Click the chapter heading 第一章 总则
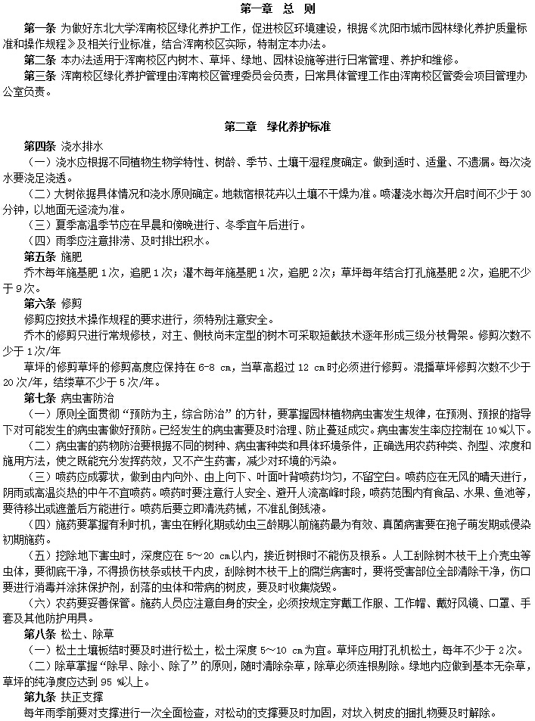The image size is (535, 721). click(x=267, y=9)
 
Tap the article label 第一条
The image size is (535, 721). click(x=41, y=27)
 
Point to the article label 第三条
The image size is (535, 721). click(x=41, y=76)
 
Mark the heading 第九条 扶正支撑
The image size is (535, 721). click(x=64, y=695)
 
